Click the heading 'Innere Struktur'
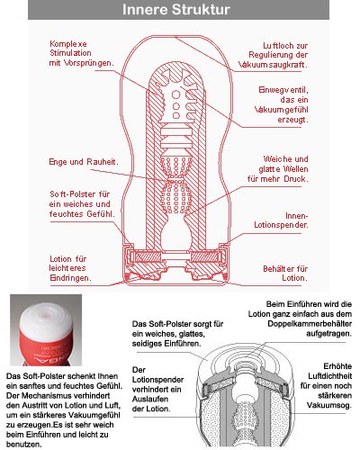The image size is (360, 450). point(176,10)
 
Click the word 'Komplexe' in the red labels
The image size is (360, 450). point(68,44)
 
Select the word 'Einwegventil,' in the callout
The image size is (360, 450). point(283,90)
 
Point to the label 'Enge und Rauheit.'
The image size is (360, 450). point(84,162)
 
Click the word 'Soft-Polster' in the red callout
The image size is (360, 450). point(71,194)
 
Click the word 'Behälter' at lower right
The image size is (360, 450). point(278,268)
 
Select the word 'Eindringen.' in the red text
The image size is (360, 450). point(70,278)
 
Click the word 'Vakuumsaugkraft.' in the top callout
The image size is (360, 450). point(273,65)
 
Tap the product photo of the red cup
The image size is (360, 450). point(46,330)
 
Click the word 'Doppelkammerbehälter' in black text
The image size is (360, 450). point(310,324)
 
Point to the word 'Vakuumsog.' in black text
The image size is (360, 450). point(328,405)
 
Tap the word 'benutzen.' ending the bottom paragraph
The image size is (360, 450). point(23,445)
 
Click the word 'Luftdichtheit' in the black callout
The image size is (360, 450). point(330,376)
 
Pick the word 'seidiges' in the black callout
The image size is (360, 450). point(147,344)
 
